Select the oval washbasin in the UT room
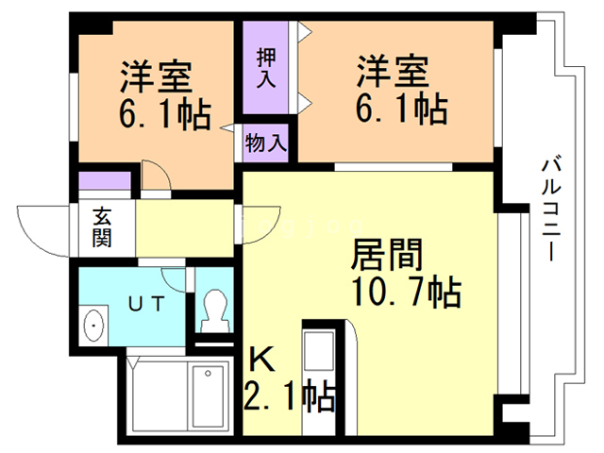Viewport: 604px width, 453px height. click(94, 327)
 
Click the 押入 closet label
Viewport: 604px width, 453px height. click(267, 67)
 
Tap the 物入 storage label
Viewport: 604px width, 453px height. click(265, 143)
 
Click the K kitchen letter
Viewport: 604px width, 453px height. click(260, 360)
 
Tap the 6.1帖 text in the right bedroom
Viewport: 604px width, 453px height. click(401, 110)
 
